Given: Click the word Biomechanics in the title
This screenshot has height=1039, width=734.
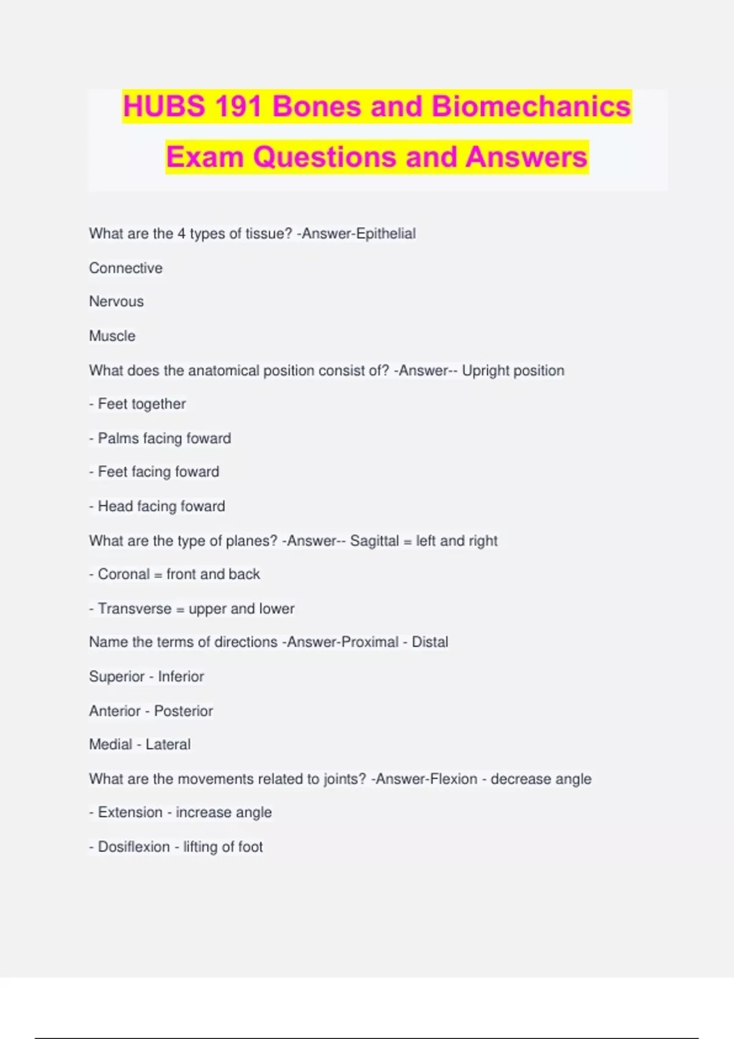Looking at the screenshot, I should (x=531, y=106).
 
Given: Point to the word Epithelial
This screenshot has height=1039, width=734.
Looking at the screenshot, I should (x=386, y=233).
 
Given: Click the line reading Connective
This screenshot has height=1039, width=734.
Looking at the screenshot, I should (x=126, y=268).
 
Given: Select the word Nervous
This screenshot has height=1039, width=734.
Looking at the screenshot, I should (x=116, y=301).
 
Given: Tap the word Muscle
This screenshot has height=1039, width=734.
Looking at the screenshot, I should (x=113, y=336).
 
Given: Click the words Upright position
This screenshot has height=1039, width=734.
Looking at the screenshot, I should (x=513, y=370).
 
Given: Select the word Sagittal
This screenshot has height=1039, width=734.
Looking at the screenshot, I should (x=374, y=541).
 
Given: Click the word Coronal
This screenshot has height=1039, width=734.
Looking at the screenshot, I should (x=124, y=575).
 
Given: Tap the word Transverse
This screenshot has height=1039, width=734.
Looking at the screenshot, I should (x=135, y=609).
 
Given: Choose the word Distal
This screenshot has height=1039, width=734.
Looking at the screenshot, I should (x=430, y=642).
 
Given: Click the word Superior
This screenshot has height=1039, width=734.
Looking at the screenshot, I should (x=117, y=677).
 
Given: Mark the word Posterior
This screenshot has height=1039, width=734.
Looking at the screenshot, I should (x=183, y=711).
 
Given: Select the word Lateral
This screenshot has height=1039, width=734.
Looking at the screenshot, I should (x=168, y=744).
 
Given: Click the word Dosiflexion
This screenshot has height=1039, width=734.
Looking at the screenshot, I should (x=134, y=847).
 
